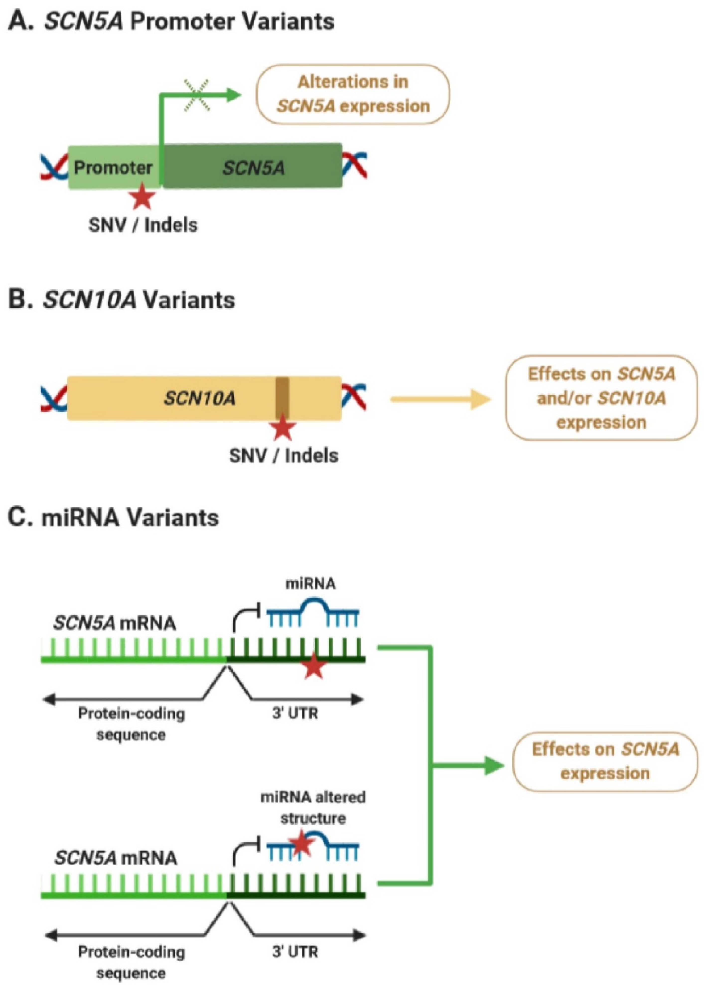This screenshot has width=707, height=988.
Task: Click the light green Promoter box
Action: [113, 167]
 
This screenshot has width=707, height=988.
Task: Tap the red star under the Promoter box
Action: [142, 197]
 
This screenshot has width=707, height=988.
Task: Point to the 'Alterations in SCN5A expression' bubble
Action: [353, 94]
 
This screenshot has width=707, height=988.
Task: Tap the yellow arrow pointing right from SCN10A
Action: [440, 399]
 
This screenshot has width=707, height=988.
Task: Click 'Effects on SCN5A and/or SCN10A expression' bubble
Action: [601, 398]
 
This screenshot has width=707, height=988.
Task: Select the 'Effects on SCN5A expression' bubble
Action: [605, 761]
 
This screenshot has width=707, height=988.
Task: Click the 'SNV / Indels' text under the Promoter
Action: [143, 225]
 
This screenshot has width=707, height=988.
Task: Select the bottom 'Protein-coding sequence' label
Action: [131, 962]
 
